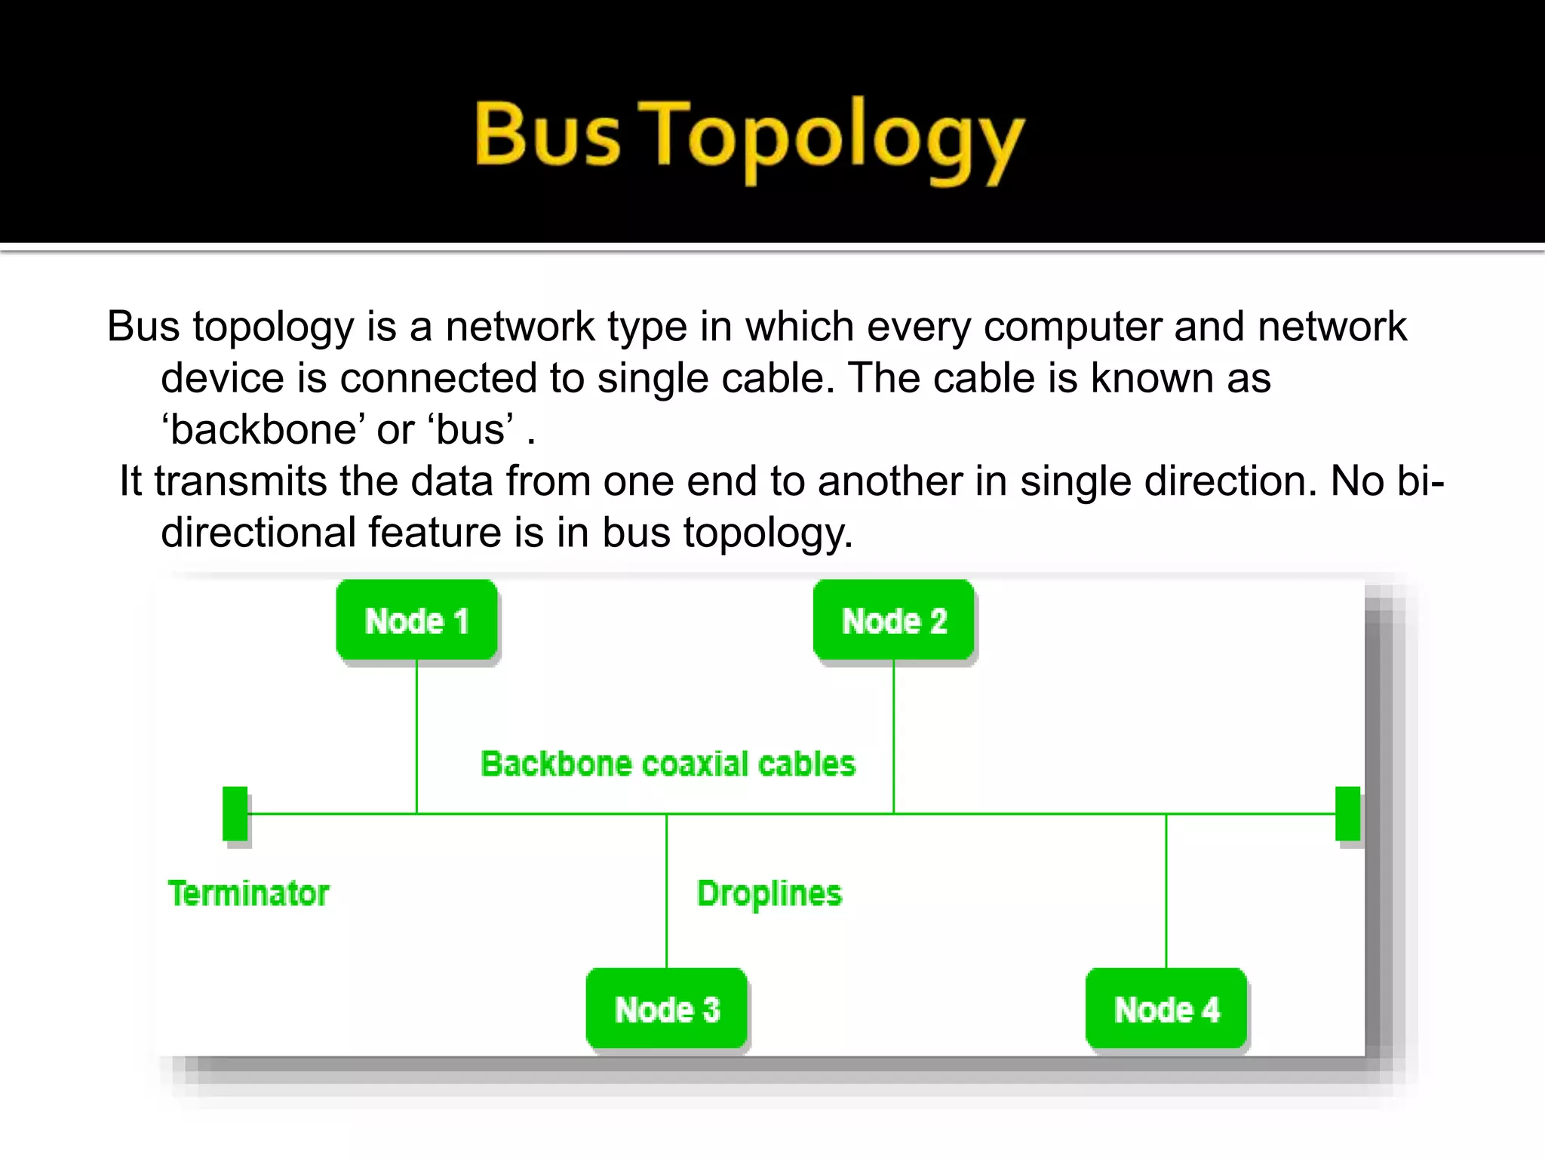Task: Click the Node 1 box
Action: coord(416,620)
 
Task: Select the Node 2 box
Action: coord(893,620)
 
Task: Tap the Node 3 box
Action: coord(667,1009)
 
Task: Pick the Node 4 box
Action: coord(1166,1009)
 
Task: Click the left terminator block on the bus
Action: coord(235,813)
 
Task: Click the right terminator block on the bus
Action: coord(1347,813)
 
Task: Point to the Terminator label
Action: coord(248,893)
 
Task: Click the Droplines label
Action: coord(769,893)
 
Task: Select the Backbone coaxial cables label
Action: coord(668,764)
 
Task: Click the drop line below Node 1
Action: coord(416,736)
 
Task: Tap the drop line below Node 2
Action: coord(893,736)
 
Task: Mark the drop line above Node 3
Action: coord(667,890)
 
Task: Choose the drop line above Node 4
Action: coord(1166,890)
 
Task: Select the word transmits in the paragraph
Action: coord(240,481)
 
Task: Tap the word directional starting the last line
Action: coord(258,533)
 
